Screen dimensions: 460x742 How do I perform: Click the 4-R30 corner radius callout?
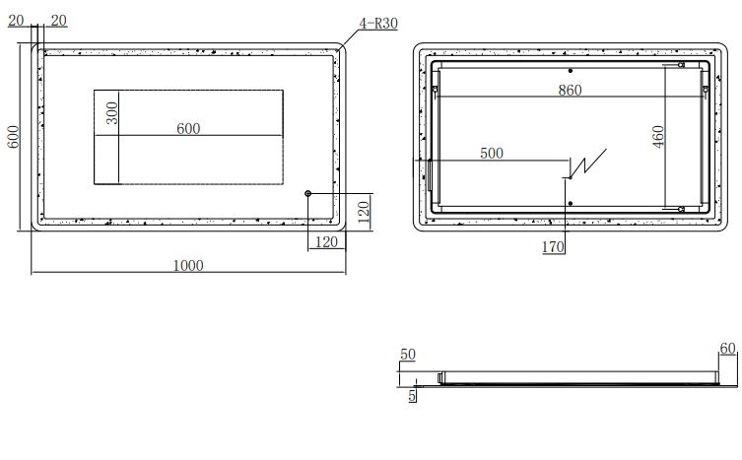click(378, 23)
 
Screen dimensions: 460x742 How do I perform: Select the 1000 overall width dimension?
click(188, 264)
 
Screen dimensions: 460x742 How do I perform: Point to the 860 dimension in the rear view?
click(570, 91)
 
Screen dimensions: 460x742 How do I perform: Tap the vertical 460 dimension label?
click(659, 134)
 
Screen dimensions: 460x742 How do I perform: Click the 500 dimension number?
click(491, 153)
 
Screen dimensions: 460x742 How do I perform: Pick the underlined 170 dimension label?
click(553, 247)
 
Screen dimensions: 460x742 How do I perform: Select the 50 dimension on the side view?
click(407, 354)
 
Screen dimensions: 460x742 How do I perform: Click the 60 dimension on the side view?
click(728, 348)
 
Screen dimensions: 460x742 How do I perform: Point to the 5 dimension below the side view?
click(412, 396)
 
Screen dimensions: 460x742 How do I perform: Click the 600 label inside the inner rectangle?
click(188, 128)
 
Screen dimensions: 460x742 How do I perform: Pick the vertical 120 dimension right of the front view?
click(362, 211)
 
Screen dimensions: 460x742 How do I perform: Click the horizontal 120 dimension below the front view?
click(326, 241)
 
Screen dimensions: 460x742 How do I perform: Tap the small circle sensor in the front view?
click(308, 193)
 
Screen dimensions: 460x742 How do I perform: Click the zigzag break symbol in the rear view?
click(589, 164)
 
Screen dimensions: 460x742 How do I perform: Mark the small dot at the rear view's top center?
click(571, 71)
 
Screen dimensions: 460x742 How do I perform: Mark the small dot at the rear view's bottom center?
click(571, 203)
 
